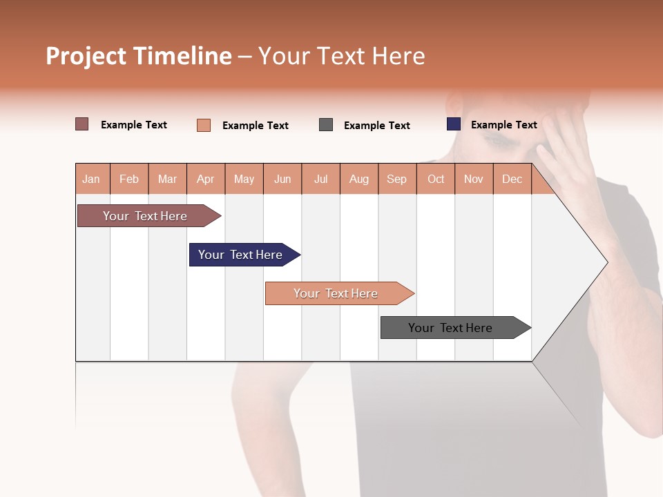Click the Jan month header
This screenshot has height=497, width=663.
(x=91, y=179)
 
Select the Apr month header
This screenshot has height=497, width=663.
(x=205, y=179)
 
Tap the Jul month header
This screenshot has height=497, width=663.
(x=320, y=179)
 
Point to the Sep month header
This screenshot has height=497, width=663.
(x=396, y=179)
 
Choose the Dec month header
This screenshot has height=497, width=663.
(x=512, y=179)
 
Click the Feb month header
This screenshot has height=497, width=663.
(x=129, y=179)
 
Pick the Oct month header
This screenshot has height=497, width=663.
(x=436, y=179)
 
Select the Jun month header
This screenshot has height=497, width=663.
(x=282, y=179)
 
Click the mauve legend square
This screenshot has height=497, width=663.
(x=82, y=124)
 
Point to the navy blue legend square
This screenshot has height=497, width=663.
(x=454, y=124)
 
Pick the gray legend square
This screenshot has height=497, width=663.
(x=326, y=125)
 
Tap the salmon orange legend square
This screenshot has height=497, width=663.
(x=204, y=125)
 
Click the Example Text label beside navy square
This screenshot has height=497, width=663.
(x=503, y=125)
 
